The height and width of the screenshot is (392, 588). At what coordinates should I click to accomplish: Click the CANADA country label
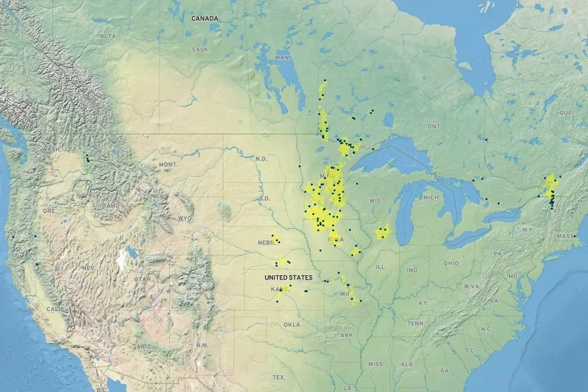[204, 18]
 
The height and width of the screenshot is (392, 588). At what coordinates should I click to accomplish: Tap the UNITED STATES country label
[288, 278]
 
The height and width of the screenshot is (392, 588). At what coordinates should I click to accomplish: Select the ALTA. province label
[108, 36]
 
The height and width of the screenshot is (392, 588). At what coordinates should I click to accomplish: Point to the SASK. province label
[200, 50]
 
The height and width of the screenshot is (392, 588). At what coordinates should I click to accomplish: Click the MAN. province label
[283, 58]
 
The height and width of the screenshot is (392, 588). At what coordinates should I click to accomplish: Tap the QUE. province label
[566, 112]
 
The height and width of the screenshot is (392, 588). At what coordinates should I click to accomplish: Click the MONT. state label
[168, 165]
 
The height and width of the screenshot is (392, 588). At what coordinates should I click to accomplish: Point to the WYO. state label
[186, 218]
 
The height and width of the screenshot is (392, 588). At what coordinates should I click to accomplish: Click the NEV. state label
[89, 268]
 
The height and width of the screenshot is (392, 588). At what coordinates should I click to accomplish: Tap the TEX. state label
[279, 378]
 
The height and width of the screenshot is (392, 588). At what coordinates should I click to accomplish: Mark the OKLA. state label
[293, 324]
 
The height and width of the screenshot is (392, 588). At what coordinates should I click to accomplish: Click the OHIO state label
[451, 263]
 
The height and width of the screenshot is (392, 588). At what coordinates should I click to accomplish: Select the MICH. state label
[431, 197]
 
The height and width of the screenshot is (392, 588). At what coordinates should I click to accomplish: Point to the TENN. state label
[416, 323]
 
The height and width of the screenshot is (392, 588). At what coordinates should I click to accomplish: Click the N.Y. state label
[528, 230]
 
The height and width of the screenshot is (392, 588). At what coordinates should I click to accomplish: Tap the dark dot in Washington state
[87, 157]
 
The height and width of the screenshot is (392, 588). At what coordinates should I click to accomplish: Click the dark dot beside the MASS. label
[575, 236]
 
